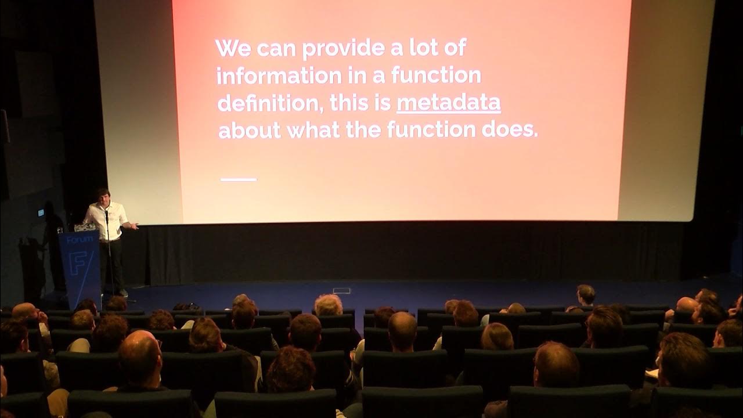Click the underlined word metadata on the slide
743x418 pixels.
point(448,103)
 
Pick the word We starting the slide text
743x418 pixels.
point(233,48)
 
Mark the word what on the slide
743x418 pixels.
point(313,130)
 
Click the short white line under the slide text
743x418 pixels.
point(238,179)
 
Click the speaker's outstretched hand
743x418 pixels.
point(135,225)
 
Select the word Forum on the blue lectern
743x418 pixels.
point(80,239)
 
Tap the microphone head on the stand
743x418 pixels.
point(106,212)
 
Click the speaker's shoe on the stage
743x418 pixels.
point(123,293)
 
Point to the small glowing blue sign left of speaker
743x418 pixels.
point(41,212)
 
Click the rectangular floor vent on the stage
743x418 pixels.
point(342,290)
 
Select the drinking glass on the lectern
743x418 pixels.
point(60,230)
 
